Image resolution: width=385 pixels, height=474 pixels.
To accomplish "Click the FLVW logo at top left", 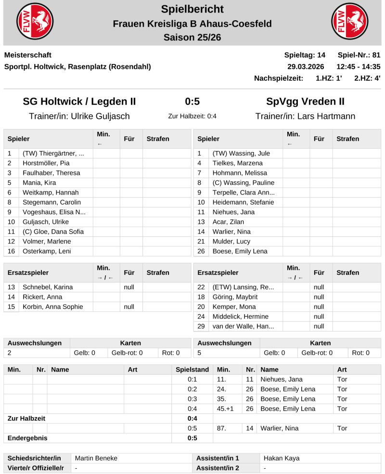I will point(35,23).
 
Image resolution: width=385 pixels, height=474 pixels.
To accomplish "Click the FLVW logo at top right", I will point(349,23).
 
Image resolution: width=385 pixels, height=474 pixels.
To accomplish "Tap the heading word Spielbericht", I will point(192,9).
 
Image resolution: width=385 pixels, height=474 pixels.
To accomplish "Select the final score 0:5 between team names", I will point(192,102).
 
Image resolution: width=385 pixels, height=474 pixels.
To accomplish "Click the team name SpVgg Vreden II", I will point(305,102).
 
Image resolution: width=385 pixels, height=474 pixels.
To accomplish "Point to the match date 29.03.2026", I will point(306,66).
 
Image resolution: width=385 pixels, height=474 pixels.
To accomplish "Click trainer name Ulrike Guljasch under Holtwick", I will point(79,116).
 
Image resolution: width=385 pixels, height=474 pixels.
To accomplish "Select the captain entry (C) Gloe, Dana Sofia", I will point(53,231).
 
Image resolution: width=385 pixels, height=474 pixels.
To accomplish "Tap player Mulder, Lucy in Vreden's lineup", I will point(231,241).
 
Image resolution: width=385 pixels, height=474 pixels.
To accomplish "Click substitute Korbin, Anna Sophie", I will point(52,307).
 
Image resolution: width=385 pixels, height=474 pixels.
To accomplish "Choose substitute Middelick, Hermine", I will point(240,316).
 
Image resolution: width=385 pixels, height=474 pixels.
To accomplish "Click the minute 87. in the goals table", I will point(222,428).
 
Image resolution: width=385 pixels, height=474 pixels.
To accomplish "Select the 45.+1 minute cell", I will point(226,409).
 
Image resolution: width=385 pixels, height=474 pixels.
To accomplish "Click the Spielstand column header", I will point(192,370).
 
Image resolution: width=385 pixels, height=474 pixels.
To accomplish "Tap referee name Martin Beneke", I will point(96,458).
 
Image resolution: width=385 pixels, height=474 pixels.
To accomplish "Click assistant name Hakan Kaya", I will point(282,458).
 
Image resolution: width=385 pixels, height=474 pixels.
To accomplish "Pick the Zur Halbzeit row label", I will point(26,418).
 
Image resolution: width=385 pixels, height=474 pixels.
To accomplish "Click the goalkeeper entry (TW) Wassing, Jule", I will point(241,154).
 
